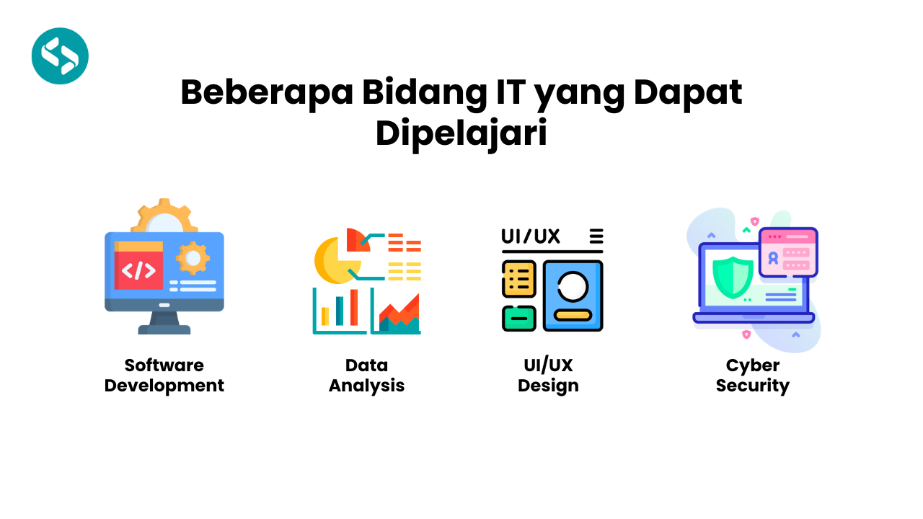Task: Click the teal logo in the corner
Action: pos(60,56)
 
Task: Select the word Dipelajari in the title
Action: pos(461,134)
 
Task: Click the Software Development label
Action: pos(164,376)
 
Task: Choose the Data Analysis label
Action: pos(366,376)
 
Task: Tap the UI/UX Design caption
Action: pos(548,376)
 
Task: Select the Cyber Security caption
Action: pos(753,376)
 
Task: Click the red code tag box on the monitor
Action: pos(138,270)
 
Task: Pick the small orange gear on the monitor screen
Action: pos(193,258)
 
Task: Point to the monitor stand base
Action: pos(164,329)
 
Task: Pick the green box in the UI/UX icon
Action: pos(518,318)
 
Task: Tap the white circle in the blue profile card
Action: pos(573,285)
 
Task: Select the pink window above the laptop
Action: pos(789,251)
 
